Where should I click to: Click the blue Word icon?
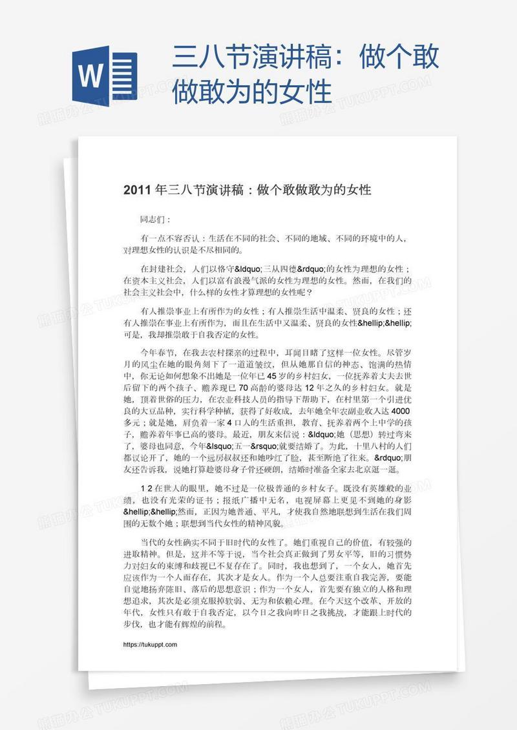(x=105, y=70)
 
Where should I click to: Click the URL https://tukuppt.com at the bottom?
(x=149, y=644)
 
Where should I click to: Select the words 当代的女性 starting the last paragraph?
(x=162, y=541)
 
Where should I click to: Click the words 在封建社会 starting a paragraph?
(x=162, y=268)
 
